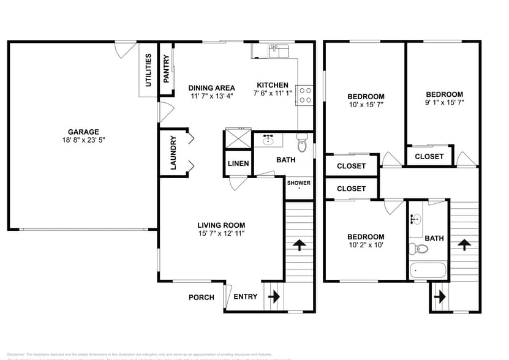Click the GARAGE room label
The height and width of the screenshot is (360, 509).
(83, 132)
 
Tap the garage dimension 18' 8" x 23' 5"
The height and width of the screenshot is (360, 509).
(83, 140)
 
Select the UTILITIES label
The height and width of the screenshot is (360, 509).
(148, 70)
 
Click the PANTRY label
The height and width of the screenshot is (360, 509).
(166, 69)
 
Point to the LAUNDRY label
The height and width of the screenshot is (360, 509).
(173, 152)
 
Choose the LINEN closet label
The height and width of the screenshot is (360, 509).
(238, 163)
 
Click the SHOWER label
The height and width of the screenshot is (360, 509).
(299, 183)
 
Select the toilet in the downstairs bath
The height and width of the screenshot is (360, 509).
(301, 144)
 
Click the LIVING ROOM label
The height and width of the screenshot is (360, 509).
(222, 225)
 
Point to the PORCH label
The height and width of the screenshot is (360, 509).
(201, 298)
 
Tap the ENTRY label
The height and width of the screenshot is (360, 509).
(246, 297)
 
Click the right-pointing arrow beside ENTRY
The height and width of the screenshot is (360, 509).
(273, 297)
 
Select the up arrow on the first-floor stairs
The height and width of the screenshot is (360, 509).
(300, 246)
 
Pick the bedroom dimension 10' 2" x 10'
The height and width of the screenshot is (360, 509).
(366, 246)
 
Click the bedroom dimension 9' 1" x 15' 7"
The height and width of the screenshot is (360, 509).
(444, 102)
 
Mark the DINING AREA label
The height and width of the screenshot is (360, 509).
(211, 88)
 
